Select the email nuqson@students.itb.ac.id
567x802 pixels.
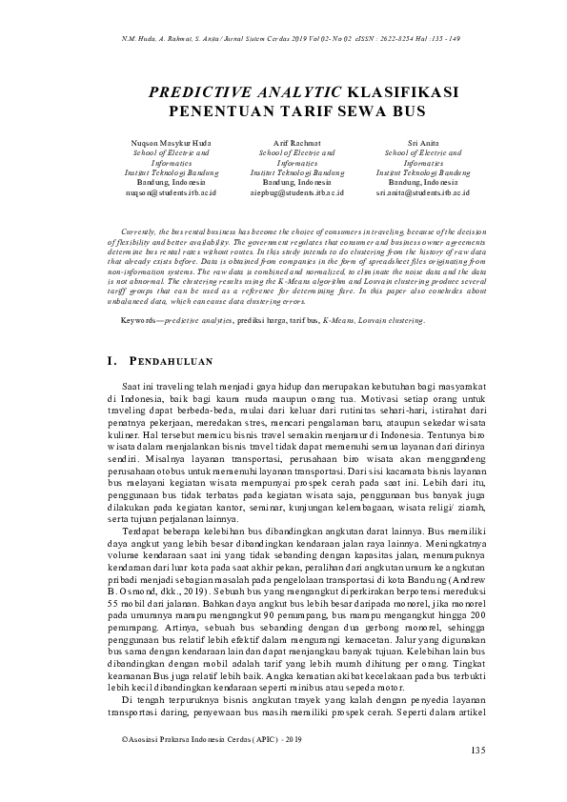tap(171, 192)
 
